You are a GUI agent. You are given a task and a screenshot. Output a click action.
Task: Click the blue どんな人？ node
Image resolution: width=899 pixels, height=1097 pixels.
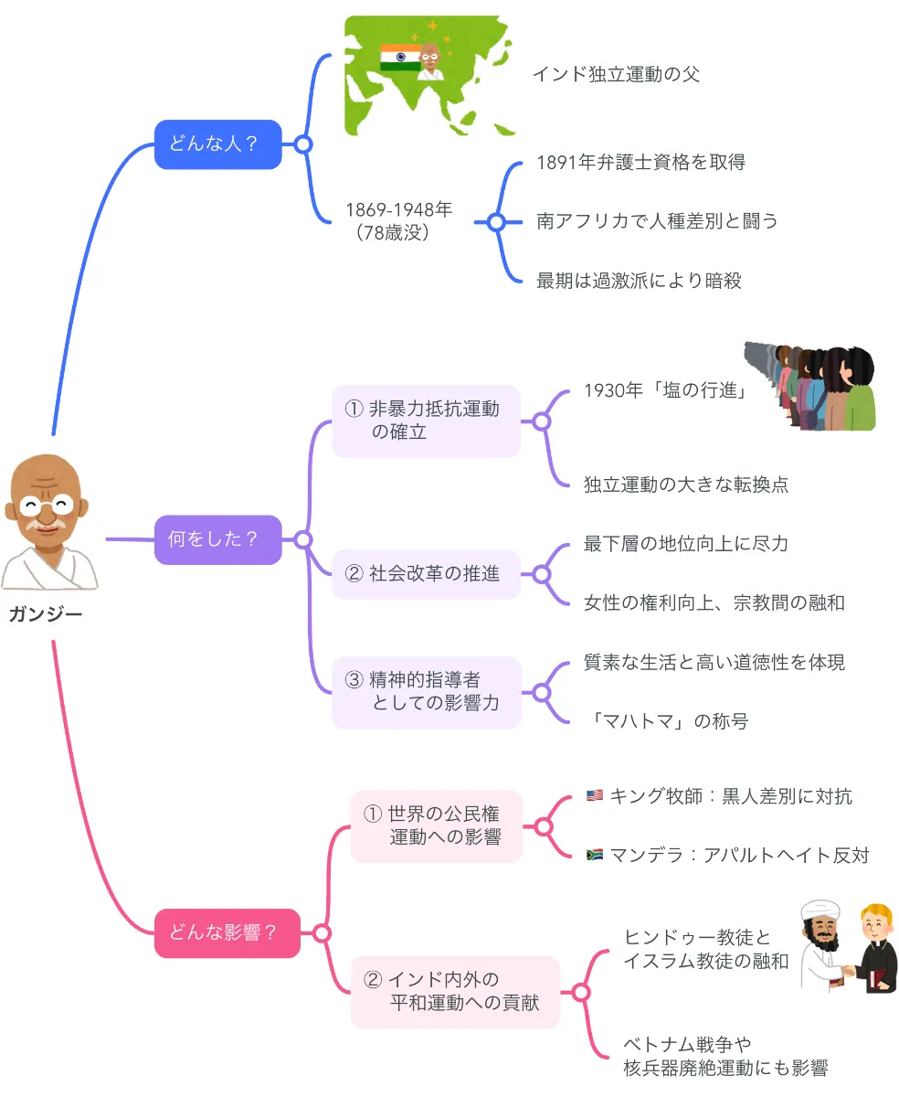coord(217,144)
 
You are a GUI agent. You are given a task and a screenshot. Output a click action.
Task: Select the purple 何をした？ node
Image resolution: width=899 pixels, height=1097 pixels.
coord(217,539)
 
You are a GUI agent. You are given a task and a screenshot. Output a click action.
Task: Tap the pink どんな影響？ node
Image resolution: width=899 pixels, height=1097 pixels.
coord(227,933)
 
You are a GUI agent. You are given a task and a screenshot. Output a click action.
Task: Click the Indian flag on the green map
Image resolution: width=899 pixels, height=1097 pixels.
coord(399,57)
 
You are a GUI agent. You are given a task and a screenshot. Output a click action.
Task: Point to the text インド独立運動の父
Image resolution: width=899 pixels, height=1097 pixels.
coord(616,74)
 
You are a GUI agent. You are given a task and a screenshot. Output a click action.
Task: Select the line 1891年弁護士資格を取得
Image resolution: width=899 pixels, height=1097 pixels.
coord(640,163)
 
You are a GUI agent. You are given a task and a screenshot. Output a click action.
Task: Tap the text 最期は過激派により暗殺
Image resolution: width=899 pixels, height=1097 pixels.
coord(639,281)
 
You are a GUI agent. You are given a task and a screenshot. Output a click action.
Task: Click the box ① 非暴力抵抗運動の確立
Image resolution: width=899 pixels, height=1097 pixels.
coord(426,421)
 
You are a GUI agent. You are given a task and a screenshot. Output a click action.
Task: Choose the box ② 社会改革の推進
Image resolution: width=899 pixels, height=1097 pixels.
coord(426,574)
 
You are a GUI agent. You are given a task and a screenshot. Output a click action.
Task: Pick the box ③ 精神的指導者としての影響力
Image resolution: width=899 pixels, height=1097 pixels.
coord(426,692)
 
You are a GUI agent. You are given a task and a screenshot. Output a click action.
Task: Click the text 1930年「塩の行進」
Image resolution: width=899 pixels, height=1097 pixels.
coord(666,391)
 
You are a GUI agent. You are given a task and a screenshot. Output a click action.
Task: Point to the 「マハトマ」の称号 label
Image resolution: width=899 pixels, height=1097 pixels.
coord(666,721)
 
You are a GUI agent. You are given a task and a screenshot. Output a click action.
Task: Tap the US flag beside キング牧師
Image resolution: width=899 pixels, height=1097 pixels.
coord(594,796)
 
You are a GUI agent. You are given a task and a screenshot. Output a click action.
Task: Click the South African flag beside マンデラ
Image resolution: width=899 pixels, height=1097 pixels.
coord(594,856)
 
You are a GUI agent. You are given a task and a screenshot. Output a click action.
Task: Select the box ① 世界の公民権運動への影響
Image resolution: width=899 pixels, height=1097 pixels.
coord(437,825)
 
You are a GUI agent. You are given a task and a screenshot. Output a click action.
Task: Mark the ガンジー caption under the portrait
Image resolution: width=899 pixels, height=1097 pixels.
coord(46,614)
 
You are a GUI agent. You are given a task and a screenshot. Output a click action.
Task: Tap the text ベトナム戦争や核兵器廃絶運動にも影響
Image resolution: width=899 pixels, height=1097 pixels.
coord(725,1056)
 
